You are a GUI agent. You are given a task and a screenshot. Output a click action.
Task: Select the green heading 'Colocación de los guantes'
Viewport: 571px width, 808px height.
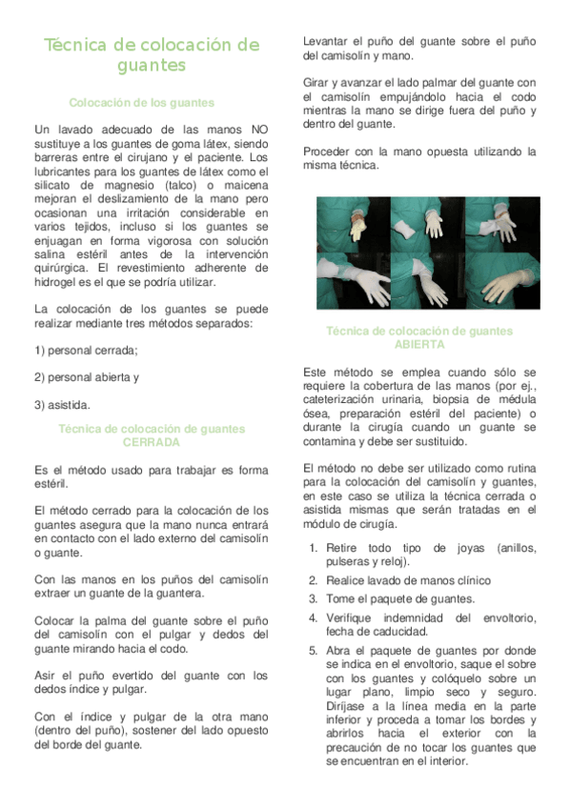coord(142,102)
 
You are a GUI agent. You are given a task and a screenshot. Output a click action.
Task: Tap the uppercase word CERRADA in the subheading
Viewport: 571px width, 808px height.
coord(151,442)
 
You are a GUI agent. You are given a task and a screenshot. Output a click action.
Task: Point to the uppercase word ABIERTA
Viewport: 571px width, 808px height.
coord(419,344)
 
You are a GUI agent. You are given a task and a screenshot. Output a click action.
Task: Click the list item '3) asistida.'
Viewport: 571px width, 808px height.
coord(62,404)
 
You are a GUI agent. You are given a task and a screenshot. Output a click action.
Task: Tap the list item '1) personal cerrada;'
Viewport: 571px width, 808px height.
coord(86,350)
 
